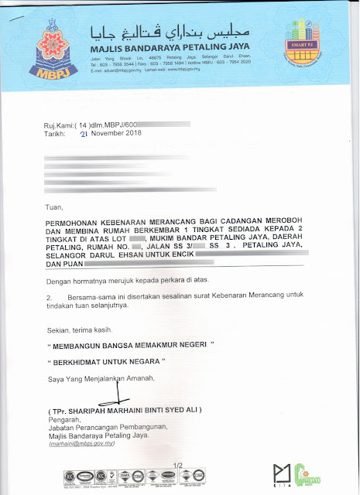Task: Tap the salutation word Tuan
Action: pyautogui.click(x=56, y=207)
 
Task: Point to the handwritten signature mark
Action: pyautogui.click(x=118, y=395)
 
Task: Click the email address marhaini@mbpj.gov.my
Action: pyautogui.click(x=81, y=445)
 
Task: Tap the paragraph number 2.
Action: pyautogui.click(x=50, y=296)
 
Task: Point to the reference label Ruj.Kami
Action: pyautogui.click(x=63, y=124)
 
